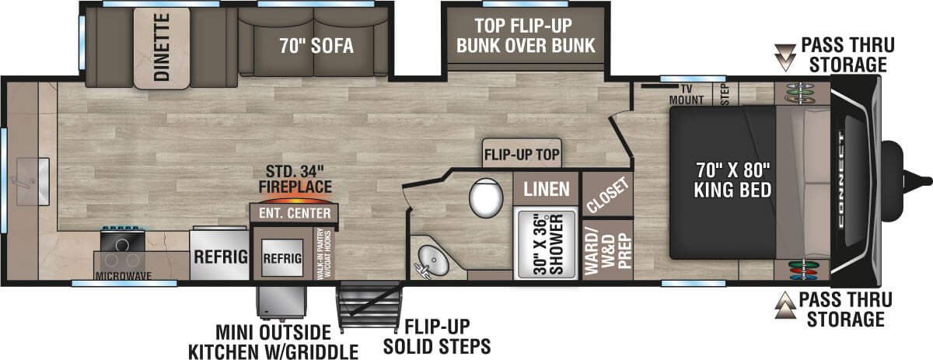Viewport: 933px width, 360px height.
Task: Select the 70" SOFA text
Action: coord(316,47)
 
